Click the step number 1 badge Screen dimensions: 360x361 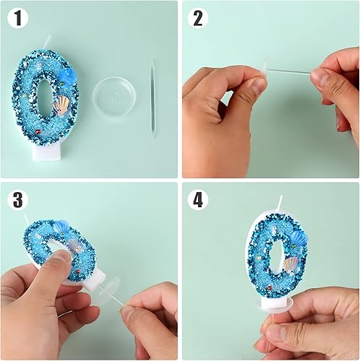coord(18,19)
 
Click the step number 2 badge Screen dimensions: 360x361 coord(198,19)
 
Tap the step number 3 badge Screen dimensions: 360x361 coord(18,200)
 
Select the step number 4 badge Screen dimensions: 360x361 coord(198,200)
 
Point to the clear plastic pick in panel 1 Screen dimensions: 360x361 coord(153,100)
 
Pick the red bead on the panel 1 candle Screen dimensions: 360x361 coord(38,131)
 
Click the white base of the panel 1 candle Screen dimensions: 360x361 coord(47,152)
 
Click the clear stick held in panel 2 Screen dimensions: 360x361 coord(290,71)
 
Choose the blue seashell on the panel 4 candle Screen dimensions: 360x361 coord(299,238)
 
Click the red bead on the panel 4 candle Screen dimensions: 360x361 coord(270,287)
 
